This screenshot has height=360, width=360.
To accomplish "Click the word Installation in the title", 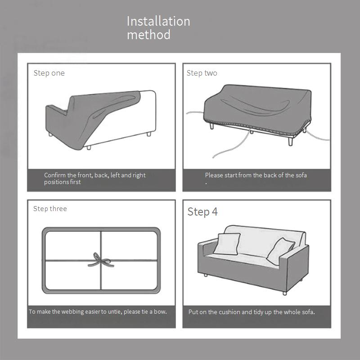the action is pos(158,21).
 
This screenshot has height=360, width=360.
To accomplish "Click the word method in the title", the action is pos(149,35).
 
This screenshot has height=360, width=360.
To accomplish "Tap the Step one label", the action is pos(49,73).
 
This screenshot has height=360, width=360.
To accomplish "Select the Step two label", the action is pos(202,73).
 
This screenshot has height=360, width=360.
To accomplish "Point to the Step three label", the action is pos(50,209).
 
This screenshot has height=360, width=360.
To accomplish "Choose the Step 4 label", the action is pos(202,211).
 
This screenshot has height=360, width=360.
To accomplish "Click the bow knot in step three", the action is pos(100,261).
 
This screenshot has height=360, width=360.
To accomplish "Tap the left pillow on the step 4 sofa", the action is pos(227,244).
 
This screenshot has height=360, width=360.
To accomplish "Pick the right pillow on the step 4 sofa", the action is pos(280,252).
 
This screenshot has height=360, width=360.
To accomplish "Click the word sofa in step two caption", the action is pos(301,175).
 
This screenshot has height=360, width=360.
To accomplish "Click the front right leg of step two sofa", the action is pos(290,140).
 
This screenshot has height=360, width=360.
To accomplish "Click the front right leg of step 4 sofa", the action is pos(285,293).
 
